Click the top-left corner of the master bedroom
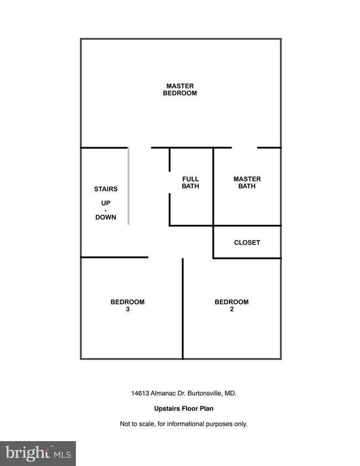(81, 39)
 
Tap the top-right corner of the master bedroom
(281, 39)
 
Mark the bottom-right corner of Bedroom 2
(281, 359)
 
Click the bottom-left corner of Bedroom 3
(81, 359)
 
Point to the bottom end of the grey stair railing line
(128, 224)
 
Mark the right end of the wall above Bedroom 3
(148, 257)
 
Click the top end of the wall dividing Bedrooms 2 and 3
(183, 258)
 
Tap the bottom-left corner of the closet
(213, 258)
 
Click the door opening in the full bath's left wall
(169, 183)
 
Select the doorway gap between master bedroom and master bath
(244, 147)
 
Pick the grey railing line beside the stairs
(128, 186)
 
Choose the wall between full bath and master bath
(213, 187)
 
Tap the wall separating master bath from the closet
(247, 226)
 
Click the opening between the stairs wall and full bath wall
(140, 147)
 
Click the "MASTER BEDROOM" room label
(180, 90)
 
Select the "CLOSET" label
(247, 242)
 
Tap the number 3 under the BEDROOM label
(127, 309)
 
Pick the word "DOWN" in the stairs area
(106, 218)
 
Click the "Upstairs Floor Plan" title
(183, 408)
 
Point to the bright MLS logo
(38, 453)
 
